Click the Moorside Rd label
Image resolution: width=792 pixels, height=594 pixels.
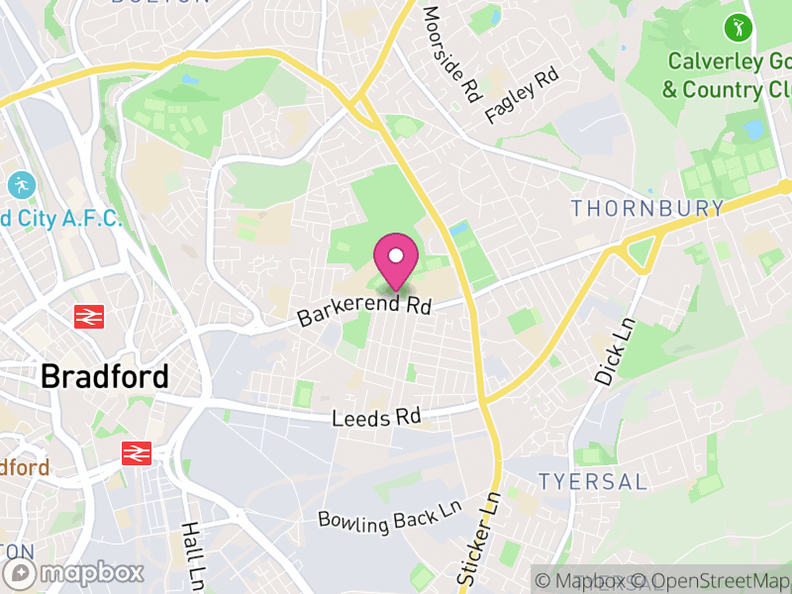pos(450,54)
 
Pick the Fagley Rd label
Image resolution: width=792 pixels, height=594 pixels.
pos(522,95)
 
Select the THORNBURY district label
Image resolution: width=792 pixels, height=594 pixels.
pos(647,208)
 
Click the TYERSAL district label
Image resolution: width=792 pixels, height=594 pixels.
pos(593,482)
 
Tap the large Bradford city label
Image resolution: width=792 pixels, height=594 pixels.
pos(104,377)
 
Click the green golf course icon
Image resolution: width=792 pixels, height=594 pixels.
pos(738,27)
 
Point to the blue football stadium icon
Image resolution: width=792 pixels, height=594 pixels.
pos(21,185)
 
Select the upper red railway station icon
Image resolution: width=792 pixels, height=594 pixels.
pos(89,317)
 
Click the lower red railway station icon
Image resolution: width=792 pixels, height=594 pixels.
pos(137,453)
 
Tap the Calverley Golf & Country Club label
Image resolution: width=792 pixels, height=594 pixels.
pos(728,76)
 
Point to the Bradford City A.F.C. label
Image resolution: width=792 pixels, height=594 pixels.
pos(59,218)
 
